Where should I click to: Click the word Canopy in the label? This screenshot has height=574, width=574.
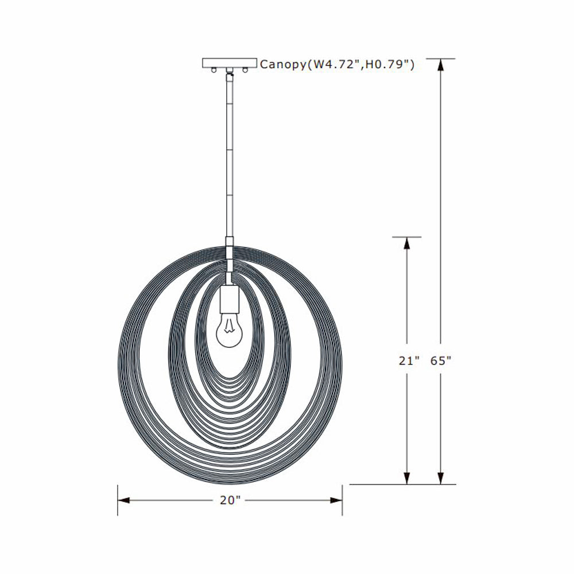coord(283,64)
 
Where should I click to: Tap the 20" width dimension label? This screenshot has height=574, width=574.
coord(230,501)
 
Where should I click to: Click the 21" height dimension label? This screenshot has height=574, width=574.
coord(409,361)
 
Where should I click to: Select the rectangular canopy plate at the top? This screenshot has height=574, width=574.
coord(230,63)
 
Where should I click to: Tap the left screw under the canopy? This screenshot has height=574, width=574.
coord(214,71)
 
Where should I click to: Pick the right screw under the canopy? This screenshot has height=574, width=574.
coord(246,71)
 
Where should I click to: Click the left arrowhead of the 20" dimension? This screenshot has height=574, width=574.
coord(124,501)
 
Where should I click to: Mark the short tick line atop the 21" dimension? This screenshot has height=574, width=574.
coord(407,236)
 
